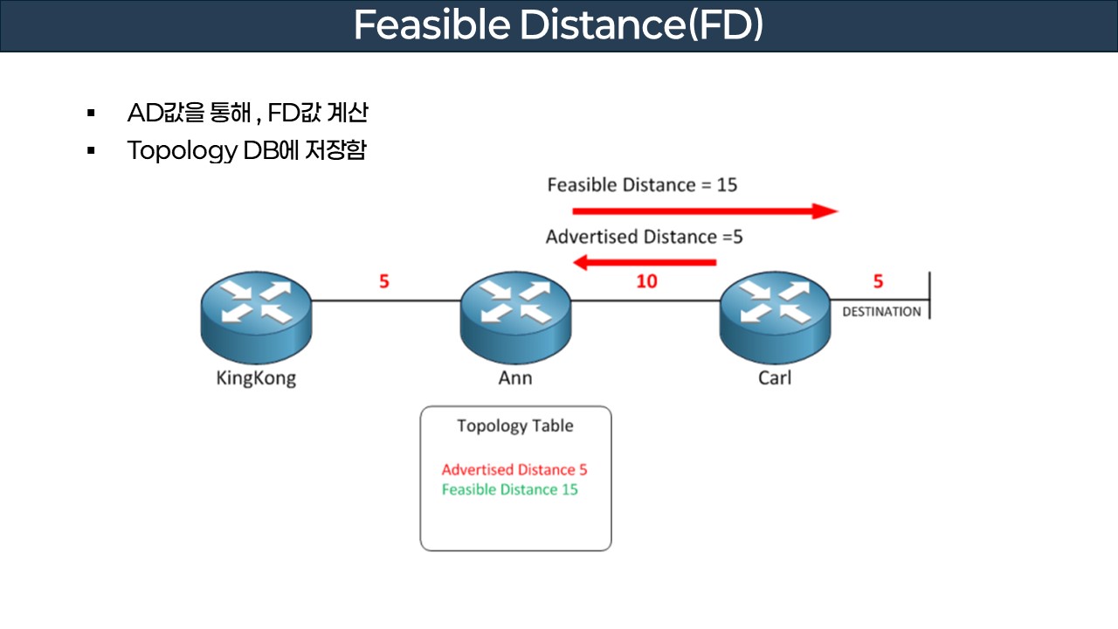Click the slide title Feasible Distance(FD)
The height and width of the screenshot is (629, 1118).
[558, 25]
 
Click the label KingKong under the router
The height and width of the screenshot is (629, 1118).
[256, 379]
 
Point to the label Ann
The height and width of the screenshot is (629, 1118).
[515, 379]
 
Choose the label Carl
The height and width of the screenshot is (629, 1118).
[775, 379]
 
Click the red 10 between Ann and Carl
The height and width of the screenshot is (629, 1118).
[647, 282]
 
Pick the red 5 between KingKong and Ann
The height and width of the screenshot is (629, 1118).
[384, 282]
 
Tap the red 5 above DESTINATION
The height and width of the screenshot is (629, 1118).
[879, 282]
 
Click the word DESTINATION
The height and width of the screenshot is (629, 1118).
[881, 312]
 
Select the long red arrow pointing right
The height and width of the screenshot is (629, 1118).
[704, 211]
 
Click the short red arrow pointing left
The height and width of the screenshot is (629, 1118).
[645, 261]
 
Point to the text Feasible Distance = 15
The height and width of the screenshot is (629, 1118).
[642, 185]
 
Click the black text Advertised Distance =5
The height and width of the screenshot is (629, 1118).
[645, 237]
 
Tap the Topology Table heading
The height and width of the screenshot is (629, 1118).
[515, 426]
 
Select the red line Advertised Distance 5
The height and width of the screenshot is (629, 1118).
[514, 470]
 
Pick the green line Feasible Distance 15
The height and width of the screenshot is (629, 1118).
[510, 490]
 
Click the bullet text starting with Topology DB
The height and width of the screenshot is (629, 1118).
[246, 150]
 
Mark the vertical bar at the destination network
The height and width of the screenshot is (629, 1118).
[929, 296]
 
